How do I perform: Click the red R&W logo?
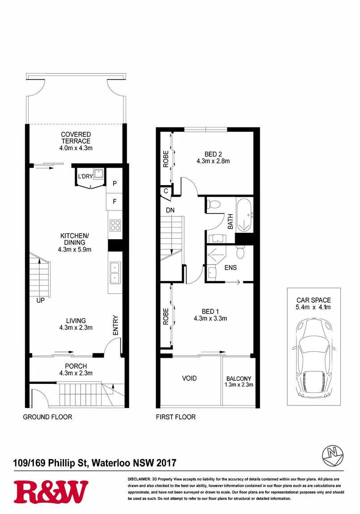click(51, 492)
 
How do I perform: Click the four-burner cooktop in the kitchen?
click(115, 225)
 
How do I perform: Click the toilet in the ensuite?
click(240, 253)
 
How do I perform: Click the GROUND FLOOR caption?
click(47, 417)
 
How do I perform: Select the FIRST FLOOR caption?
click(176, 417)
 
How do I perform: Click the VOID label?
click(190, 378)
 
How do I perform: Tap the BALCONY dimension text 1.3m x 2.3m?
click(239, 385)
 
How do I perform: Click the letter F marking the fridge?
click(115, 201)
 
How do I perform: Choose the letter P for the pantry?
click(115, 183)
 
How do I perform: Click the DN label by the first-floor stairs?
click(170, 210)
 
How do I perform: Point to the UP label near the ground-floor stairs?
click(40, 300)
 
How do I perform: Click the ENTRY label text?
click(115, 325)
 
